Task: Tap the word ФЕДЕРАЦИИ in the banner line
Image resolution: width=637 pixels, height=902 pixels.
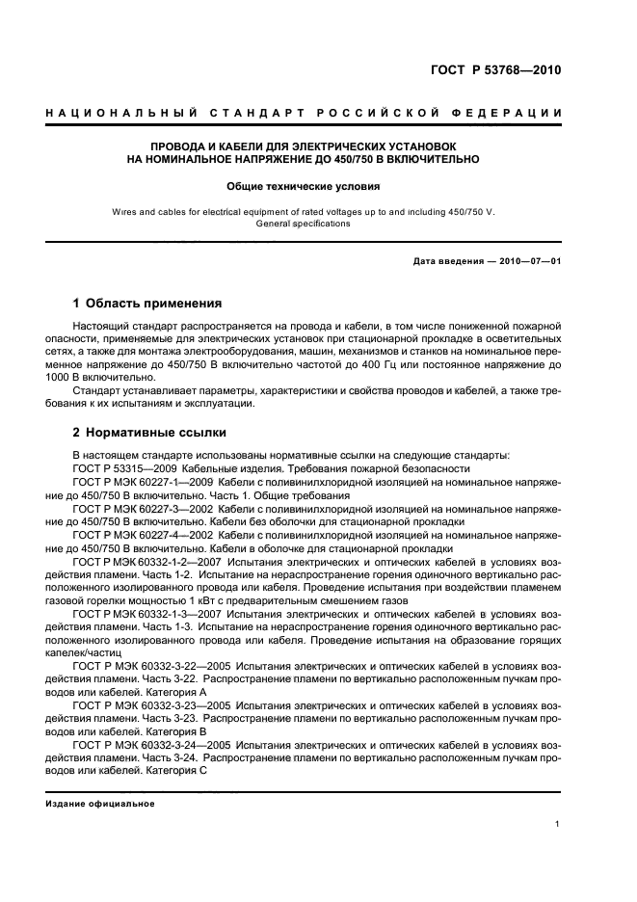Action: pos(520,114)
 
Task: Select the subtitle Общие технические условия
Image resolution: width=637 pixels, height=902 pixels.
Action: pos(304,186)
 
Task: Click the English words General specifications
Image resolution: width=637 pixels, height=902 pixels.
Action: pos(304,223)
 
